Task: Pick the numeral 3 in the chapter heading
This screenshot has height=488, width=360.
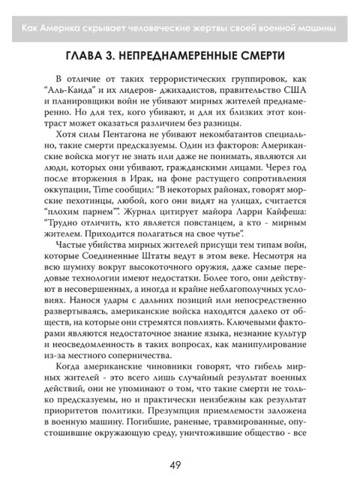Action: (x=119, y=57)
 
